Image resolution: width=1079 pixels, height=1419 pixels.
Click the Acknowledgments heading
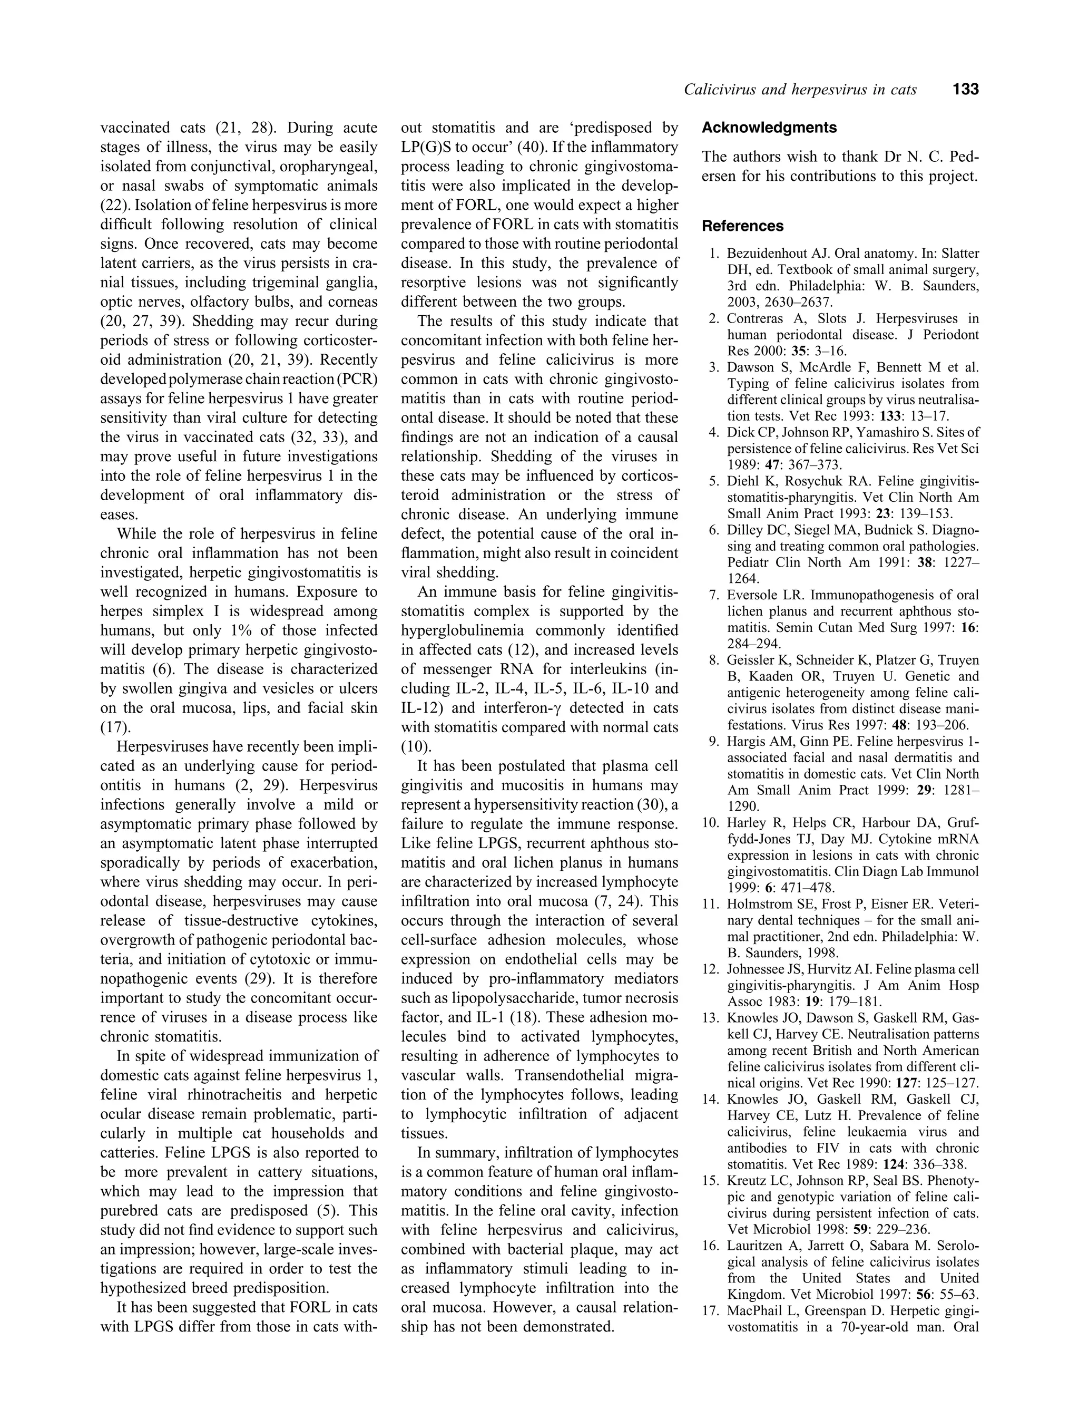coord(769,127)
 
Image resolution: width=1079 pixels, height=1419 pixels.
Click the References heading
coord(742,226)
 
